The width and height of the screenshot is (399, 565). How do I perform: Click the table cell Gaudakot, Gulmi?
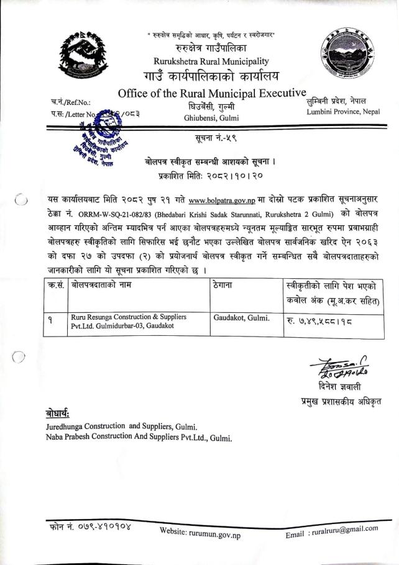pyautogui.click(x=241, y=317)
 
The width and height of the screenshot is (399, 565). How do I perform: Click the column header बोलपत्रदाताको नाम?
pyautogui.click(x=101, y=286)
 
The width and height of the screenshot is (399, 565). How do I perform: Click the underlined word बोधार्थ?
pyautogui.click(x=60, y=414)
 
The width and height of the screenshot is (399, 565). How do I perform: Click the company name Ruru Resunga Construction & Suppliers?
pyautogui.click(x=129, y=317)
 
